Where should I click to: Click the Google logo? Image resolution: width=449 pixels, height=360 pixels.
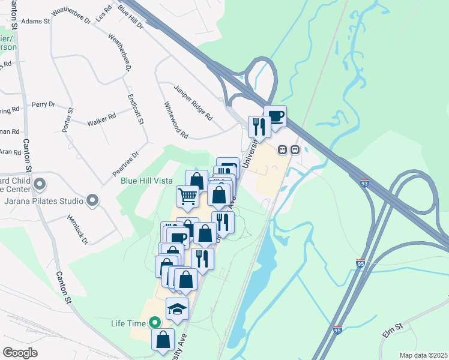20,352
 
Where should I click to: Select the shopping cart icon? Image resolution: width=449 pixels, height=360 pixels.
188,196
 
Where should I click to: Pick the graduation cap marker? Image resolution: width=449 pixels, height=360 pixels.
177,308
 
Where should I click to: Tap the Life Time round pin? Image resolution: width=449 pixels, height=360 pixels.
154,323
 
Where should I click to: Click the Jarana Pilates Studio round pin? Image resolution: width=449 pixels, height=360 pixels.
92,200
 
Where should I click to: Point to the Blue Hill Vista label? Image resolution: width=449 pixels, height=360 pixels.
146,181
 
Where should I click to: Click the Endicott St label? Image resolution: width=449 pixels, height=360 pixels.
136,109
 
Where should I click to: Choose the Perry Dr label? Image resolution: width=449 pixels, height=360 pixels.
43,104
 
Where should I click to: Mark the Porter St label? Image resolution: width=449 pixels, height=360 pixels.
67,121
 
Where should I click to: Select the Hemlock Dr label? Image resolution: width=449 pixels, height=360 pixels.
77,230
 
